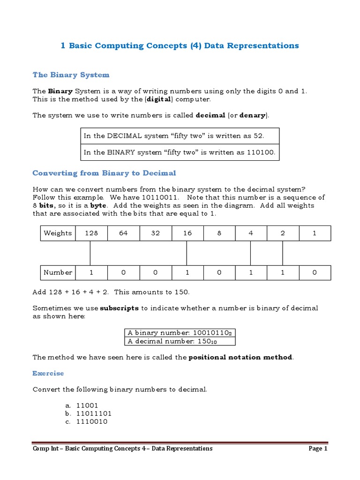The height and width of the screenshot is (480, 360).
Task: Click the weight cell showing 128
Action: pos(91,233)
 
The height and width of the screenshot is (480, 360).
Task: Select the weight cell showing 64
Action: pos(123,233)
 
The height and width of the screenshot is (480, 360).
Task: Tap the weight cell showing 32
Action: pos(156,233)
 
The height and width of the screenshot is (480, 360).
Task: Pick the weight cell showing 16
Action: pos(187,233)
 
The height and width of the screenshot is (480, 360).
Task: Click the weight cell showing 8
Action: pos(219,233)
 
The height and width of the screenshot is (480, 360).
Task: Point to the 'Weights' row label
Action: pos(58,233)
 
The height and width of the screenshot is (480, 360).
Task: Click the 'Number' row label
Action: pos(58,272)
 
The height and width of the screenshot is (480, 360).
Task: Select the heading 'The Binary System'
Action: pos(71,75)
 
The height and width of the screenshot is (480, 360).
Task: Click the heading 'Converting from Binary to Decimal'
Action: pos(104,173)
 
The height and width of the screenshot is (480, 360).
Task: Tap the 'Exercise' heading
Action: pos(48,373)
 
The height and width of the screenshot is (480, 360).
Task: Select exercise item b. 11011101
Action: pos(93,413)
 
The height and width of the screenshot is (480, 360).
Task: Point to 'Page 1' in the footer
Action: pos(317,449)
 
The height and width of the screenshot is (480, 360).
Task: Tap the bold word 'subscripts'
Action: pos(119,308)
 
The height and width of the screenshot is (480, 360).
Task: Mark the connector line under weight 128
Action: pos(90,253)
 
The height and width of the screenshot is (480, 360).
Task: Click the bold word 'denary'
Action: pos(252,115)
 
